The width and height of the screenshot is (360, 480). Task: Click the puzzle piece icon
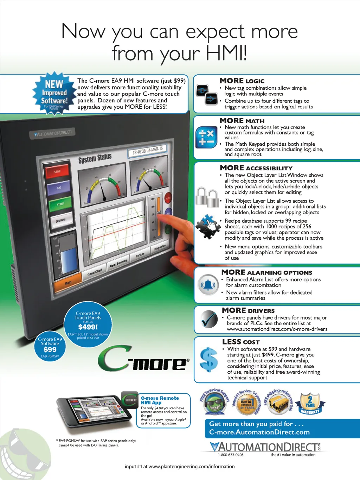pyautogui.click(x=208, y=226)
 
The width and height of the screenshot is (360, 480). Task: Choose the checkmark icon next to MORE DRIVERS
pyautogui.click(x=209, y=319)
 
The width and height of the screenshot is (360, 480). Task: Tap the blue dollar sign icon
pyautogui.click(x=208, y=360)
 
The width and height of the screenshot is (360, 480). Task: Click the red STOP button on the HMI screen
pyautogui.click(x=57, y=172)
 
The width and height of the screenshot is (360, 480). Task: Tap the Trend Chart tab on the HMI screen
pyautogui.click(x=95, y=272)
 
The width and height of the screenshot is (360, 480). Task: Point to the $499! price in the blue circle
pyautogui.click(x=88, y=327)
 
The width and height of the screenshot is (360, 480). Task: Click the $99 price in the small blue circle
pyautogui.click(x=50, y=349)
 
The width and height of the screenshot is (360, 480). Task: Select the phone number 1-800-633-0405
pyautogui.click(x=231, y=455)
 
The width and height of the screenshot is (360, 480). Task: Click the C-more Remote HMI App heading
pyautogui.click(x=160, y=400)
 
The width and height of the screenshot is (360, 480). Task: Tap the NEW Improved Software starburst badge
pyautogui.click(x=54, y=93)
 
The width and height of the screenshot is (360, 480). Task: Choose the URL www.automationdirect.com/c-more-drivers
pyautogui.click(x=277, y=329)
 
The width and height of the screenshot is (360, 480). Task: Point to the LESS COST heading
pyautogui.click(x=241, y=342)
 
